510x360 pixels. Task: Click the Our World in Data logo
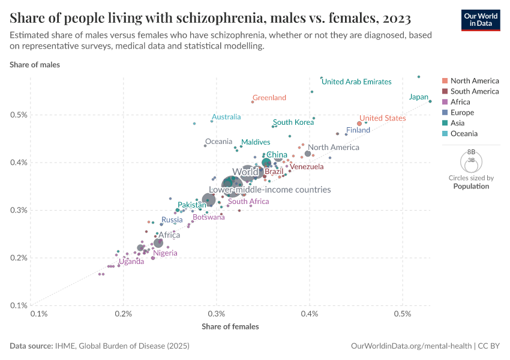pos(480,20)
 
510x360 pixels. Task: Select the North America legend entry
pos(474,81)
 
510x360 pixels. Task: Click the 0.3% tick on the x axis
pos(217,314)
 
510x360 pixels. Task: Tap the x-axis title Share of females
pos(230,326)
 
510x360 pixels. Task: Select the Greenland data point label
pos(269,98)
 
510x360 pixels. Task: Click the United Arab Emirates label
pos(356,82)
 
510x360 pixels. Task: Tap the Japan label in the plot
pos(419,97)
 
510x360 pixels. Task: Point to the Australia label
pos(226,117)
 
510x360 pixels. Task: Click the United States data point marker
pos(359,124)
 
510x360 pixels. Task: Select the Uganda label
pos(131,262)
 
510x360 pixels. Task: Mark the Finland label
pos(358,130)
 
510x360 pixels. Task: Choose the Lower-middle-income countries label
pos(270,190)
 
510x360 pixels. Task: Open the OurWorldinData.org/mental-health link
pos(411,346)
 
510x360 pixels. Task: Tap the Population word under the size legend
pos(471,186)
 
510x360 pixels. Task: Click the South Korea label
pos(293,122)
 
